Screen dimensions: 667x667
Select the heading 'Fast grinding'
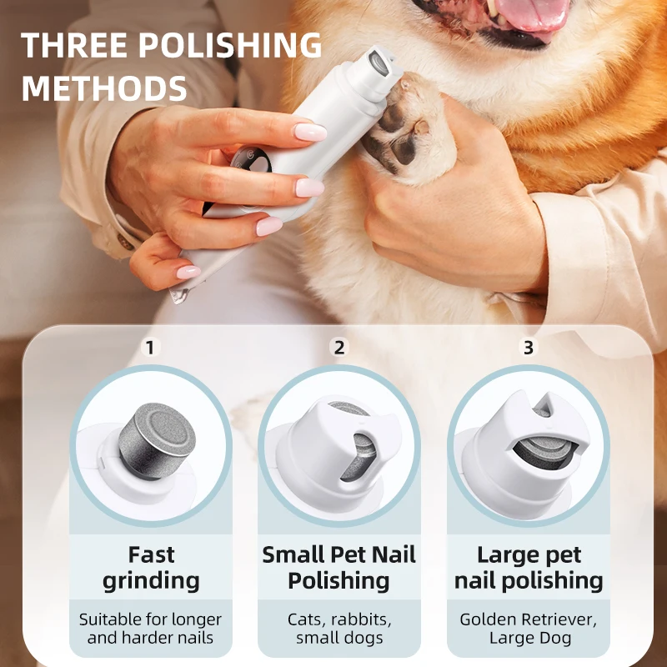[x=151, y=568]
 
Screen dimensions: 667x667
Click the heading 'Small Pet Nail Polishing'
[x=339, y=568]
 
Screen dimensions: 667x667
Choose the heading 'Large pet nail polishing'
[x=528, y=568]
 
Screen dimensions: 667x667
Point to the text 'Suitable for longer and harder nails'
[x=151, y=629]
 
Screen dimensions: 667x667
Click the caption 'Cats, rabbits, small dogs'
[x=339, y=629]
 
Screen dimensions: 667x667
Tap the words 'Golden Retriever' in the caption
[x=528, y=619]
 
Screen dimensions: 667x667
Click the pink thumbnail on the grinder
[x=309, y=132]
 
